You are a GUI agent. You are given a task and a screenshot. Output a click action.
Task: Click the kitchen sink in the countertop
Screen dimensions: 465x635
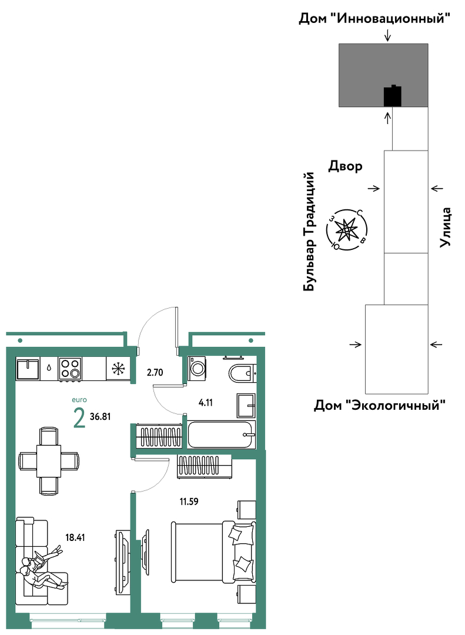coord(28,369)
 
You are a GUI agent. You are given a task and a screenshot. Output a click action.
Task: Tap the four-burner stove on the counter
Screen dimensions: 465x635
coord(70,369)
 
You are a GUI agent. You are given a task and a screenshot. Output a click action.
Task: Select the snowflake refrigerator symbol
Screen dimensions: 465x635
coord(118,369)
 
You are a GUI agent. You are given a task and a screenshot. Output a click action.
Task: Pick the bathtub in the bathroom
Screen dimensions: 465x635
coord(222,435)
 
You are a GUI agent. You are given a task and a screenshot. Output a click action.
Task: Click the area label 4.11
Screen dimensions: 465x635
coord(205,403)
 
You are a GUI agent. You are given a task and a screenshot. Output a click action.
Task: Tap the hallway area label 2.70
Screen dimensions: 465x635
coord(155,372)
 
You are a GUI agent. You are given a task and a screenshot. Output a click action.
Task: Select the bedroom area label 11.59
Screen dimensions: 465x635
coord(189,502)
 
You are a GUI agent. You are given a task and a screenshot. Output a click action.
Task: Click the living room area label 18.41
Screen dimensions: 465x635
coord(75,538)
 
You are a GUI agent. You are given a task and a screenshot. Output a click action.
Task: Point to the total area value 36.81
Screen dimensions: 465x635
coord(100,416)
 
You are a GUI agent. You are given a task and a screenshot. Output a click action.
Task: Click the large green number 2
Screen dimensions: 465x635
coord(79,419)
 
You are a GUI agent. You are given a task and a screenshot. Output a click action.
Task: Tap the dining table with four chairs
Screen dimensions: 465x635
coord(49,461)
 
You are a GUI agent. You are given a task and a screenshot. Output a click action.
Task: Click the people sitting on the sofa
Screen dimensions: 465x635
coord(42,567)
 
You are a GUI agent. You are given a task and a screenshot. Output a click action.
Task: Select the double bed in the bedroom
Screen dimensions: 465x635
coord(213,551)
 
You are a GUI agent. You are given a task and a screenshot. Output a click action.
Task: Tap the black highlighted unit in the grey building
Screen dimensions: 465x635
coord(393,96)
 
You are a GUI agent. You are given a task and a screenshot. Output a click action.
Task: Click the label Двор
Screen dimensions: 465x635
coord(345,166)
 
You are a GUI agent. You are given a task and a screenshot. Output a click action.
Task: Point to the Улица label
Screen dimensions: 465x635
coord(446,227)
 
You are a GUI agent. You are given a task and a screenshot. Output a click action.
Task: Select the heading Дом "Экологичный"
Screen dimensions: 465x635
coord(380,405)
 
